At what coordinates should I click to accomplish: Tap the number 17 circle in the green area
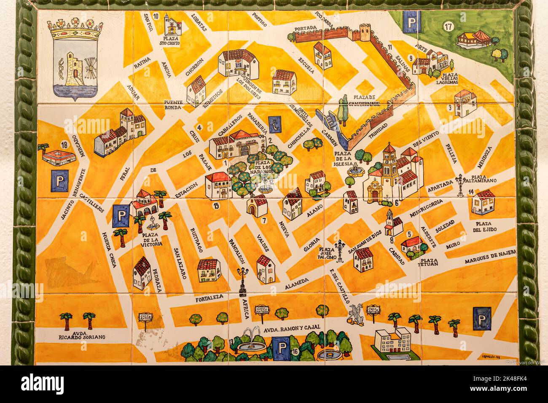click(x=448, y=27)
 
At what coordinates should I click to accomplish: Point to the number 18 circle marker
click(x=64, y=145)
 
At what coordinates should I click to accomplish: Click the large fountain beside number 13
click(x=252, y=344)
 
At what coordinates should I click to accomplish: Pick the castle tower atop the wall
click(x=364, y=33)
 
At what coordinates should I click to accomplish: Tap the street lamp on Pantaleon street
click(x=243, y=281)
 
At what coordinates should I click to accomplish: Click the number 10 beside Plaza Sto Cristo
click(x=156, y=16)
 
